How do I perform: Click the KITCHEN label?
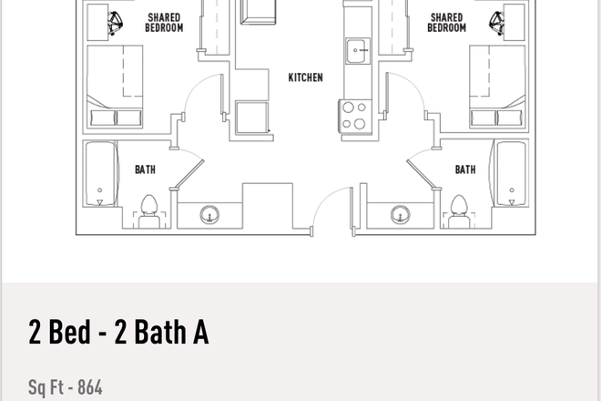tap(305, 77)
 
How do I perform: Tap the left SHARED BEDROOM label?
tap(164, 22)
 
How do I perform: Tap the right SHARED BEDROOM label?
tap(446, 22)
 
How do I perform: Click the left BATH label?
tap(145, 169)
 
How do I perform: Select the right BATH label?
tap(465, 169)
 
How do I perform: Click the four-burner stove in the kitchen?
tap(353, 116)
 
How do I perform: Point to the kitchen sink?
tap(355, 49)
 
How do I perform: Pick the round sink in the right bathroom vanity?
tap(399, 215)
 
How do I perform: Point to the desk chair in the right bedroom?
tap(498, 20)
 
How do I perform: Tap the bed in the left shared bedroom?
tap(114, 89)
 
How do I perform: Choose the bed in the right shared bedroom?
tap(496, 89)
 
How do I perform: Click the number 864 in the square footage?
tap(89, 388)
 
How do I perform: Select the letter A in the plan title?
tap(199, 334)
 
